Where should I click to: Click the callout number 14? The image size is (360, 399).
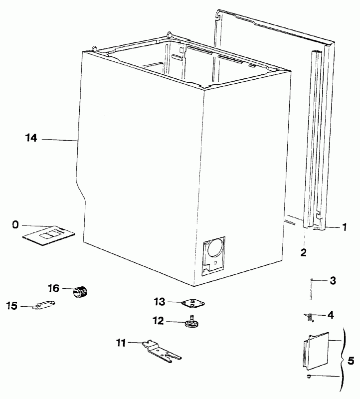tap(31, 138)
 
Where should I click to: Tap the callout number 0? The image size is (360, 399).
tap(15, 225)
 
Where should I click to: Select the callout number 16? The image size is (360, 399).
tap(54, 288)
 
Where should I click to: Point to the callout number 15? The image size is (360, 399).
tap(12, 306)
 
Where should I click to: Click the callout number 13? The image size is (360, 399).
tap(160, 302)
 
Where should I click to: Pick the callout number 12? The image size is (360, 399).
tap(158, 321)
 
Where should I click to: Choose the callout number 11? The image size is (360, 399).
tap(121, 343)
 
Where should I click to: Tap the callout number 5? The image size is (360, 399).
tap(351, 361)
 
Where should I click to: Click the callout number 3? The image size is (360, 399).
tap(333, 281)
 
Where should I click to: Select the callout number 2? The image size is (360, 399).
tap(304, 252)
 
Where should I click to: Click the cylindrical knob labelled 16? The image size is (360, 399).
tap(80, 292)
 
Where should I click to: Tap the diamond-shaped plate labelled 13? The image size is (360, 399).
tap(193, 303)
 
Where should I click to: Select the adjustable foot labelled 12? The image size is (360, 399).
tap(191, 322)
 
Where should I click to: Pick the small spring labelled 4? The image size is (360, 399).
tap(309, 317)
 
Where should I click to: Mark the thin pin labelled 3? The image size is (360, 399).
tap(311, 290)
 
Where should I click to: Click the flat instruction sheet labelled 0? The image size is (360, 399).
tap(48, 235)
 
